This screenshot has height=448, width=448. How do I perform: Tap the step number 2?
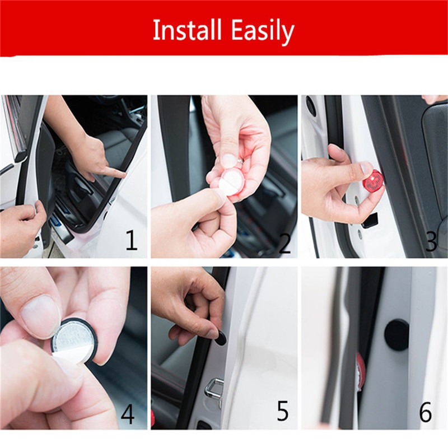pos(284,243)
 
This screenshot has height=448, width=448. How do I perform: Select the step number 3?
pos(431,242)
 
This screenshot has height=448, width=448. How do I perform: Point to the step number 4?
pos(128,415)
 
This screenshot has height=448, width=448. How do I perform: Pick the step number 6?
pos(426,413)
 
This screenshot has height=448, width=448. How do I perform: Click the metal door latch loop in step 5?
pos(214,390)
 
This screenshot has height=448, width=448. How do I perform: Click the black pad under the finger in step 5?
pos(220,337)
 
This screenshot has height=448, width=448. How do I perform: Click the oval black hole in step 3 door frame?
pos(311,106)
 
